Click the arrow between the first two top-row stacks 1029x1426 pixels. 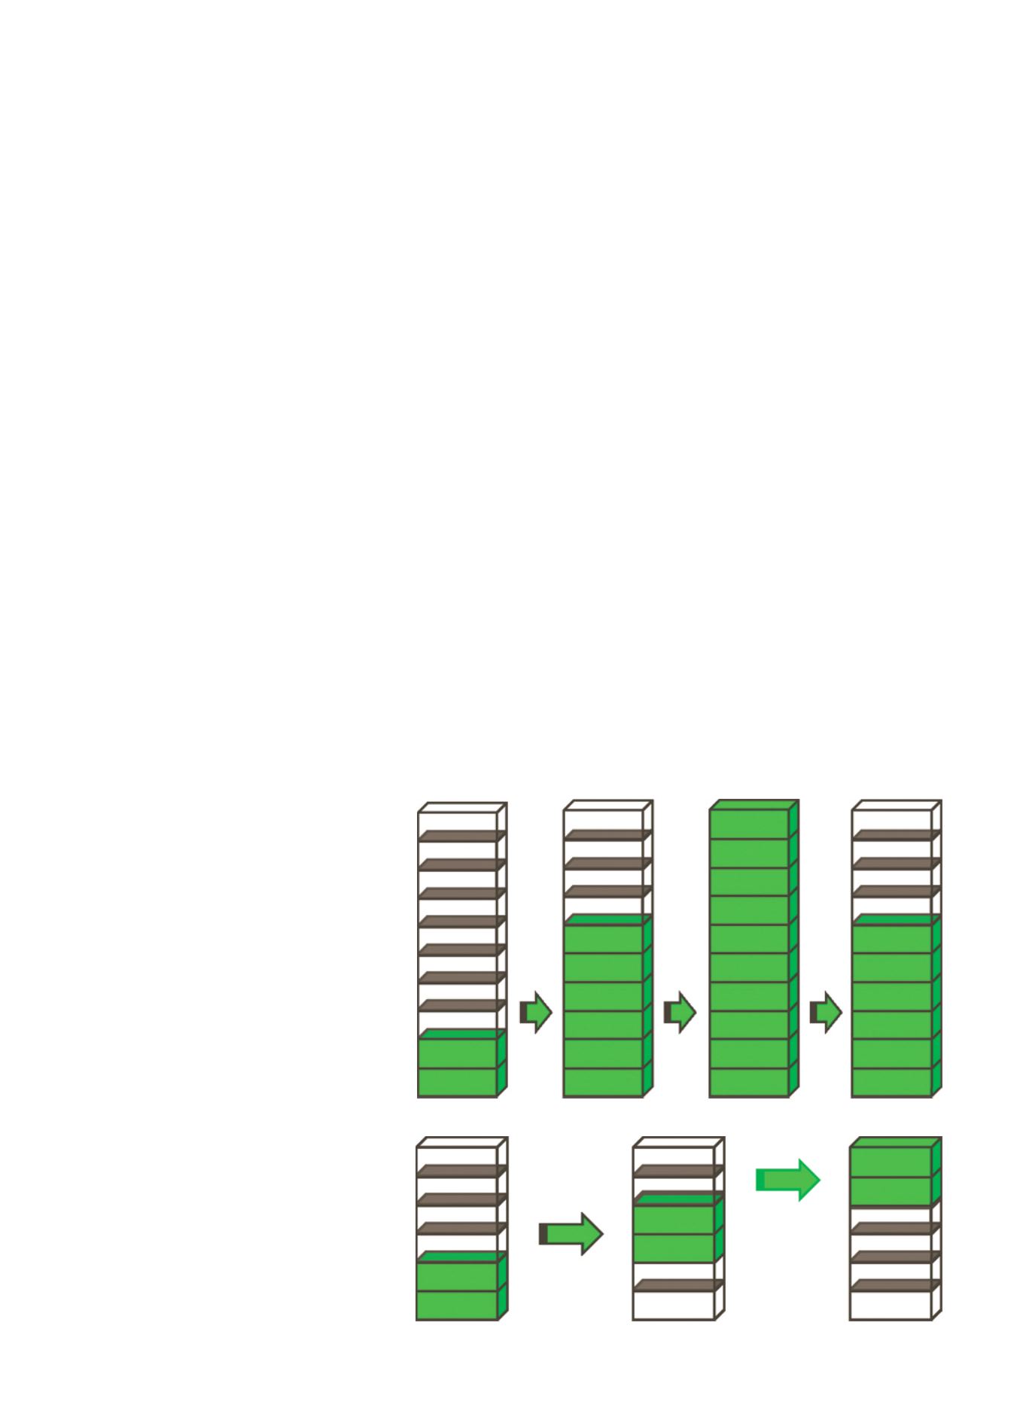tap(537, 1012)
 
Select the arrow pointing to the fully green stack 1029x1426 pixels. tap(680, 1012)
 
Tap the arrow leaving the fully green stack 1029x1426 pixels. tap(827, 1012)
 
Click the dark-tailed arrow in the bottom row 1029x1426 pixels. tap(571, 1234)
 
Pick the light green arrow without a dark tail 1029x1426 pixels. tap(787, 1180)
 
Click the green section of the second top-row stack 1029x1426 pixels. tap(604, 1009)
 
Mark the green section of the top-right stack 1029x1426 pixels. tap(892, 1009)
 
